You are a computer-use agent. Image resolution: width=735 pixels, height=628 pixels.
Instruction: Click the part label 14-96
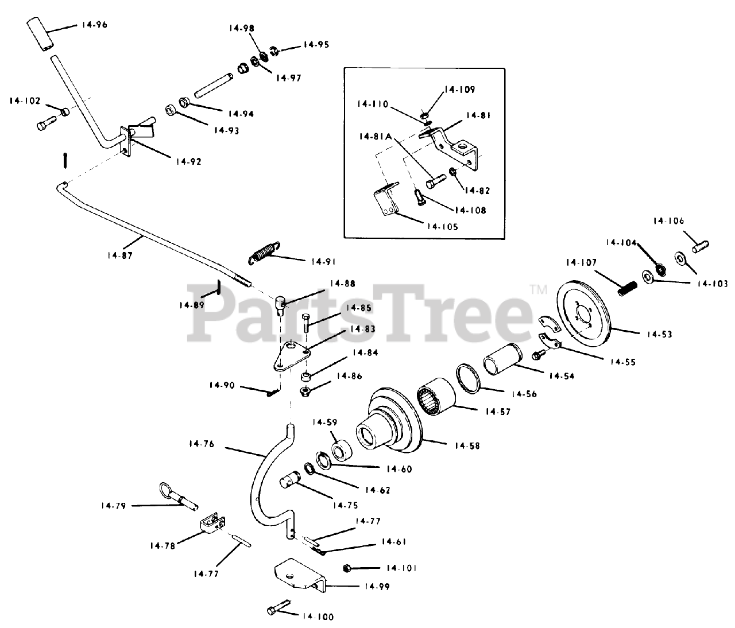coord(94,25)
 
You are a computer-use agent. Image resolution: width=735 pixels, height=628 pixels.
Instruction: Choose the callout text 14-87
coord(119,255)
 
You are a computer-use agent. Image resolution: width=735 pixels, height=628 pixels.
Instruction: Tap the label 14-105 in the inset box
coord(442,226)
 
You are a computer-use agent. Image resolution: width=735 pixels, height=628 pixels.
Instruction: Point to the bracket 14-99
coord(299,576)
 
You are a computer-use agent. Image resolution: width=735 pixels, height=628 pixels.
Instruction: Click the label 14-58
coord(466,445)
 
